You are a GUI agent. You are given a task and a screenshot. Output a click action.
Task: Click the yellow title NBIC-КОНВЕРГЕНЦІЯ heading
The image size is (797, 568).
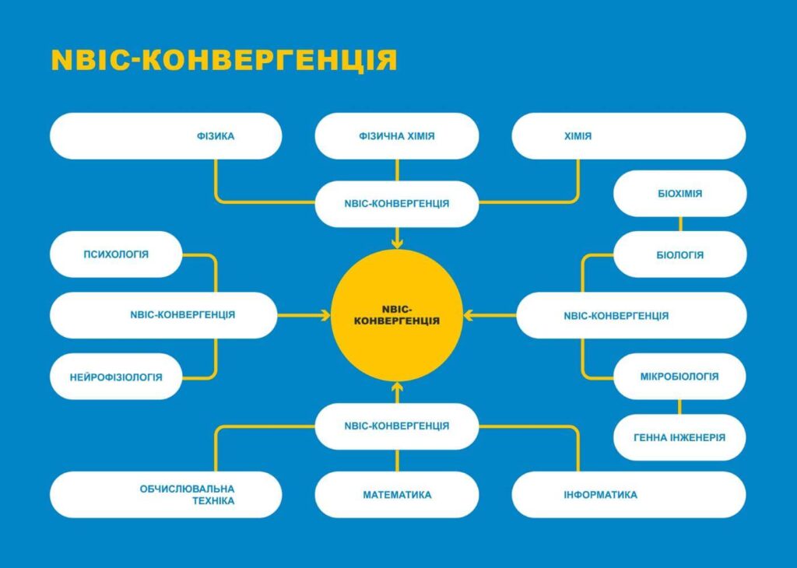224,61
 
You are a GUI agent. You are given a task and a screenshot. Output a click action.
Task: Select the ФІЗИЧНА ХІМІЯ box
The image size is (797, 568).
397,136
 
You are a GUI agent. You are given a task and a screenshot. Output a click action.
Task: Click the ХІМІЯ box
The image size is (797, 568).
628,136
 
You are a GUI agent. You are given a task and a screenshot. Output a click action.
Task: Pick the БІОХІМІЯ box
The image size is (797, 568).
679,194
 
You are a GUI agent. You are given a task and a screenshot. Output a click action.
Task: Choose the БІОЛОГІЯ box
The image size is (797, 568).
679,254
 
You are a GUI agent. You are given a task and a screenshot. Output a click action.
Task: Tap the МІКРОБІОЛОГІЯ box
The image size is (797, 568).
679,377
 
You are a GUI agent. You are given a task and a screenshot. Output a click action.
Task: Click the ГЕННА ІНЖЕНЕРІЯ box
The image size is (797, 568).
679,437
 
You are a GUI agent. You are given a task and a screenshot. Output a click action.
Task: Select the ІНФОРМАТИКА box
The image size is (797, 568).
628,495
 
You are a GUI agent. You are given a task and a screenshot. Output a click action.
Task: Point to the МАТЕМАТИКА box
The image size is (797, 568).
397,495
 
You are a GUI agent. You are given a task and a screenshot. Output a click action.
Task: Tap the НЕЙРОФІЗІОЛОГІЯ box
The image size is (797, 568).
116,377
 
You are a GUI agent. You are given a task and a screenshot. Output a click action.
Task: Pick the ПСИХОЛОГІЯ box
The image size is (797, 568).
116,254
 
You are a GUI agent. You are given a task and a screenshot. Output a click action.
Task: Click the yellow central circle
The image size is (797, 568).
397,315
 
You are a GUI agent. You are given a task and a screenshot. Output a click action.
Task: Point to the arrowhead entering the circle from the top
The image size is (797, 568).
397,244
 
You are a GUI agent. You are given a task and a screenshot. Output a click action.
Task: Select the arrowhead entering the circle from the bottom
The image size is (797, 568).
397,387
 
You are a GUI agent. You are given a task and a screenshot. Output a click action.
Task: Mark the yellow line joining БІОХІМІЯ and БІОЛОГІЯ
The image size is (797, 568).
680,224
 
